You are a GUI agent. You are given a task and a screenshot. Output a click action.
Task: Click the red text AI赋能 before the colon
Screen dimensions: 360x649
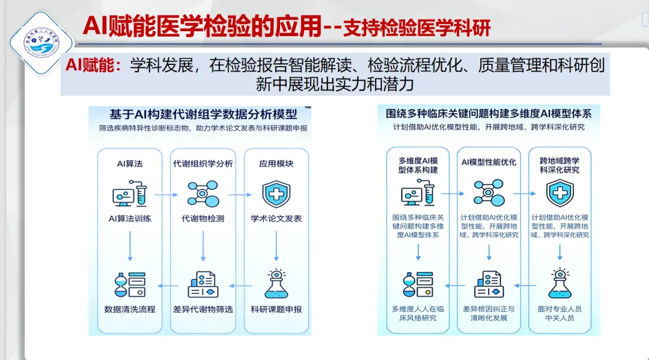click(94, 65)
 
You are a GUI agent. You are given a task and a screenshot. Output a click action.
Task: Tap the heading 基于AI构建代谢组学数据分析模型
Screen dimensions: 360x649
click(203, 114)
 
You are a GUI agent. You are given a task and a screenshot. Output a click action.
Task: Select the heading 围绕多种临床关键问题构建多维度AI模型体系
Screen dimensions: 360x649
click(489, 113)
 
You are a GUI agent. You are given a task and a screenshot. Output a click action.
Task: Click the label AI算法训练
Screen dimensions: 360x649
click(130, 219)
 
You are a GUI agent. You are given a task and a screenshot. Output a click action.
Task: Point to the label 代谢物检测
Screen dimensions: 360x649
click(203, 219)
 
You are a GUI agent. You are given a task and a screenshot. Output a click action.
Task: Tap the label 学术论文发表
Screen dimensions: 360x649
click(276, 219)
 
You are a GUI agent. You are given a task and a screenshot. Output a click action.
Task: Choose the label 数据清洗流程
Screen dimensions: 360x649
click(130, 309)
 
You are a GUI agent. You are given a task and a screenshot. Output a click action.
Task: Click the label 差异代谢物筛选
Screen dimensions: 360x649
click(203, 309)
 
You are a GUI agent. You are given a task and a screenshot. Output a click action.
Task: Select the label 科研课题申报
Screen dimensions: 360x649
click(276, 309)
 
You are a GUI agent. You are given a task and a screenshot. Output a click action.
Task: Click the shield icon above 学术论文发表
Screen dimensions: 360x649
click(276, 194)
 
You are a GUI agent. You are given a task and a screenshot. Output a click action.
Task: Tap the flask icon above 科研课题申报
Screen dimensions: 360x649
click(276, 284)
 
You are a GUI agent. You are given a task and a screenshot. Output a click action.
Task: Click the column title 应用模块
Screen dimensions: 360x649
click(276, 163)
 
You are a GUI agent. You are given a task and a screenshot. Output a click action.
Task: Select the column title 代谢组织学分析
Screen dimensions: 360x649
click(203, 163)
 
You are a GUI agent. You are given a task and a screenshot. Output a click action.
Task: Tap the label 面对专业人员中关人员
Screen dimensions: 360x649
click(559, 313)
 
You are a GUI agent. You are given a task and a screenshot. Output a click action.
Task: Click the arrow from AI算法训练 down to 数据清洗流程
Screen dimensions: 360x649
click(130, 246)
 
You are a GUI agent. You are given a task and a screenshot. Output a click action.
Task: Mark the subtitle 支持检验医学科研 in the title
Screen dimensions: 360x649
click(416, 28)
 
